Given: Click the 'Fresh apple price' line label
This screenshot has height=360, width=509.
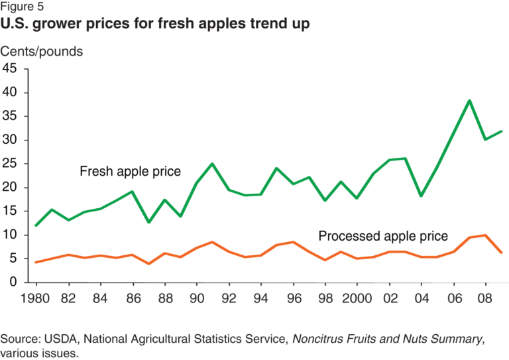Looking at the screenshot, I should (x=130, y=172).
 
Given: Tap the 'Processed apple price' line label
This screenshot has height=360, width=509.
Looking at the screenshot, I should (x=384, y=236).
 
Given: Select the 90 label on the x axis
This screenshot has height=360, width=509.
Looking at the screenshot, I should (x=196, y=298).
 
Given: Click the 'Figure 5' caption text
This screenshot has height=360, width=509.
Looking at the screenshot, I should (x=25, y=7).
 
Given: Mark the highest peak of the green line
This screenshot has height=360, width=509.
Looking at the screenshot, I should (x=469, y=101).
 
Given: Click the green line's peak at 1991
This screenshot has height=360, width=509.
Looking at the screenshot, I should (x=211, y=164).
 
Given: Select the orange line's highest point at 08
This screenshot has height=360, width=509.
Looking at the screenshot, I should (x=484, y=235).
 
